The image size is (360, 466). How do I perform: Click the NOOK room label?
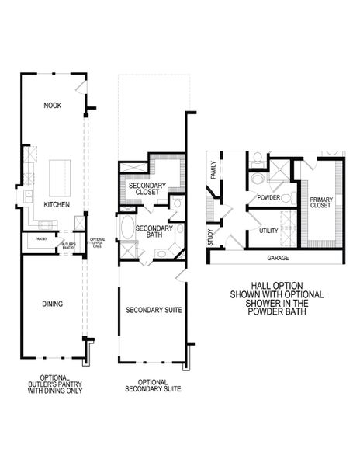tap(53, 105)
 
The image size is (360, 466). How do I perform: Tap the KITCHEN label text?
tap(57, 204)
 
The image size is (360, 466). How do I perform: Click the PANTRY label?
tap(41, 239)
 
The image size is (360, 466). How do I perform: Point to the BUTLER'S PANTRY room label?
tap(68, 242)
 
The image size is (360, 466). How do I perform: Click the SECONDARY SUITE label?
tap(153, 310)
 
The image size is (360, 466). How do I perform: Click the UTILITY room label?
tap(268, 231)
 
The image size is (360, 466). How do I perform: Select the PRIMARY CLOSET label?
tap(320, 203)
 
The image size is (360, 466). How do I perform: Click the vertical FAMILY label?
tap(213, 170)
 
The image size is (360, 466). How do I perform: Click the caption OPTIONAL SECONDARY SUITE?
tap(153, 386)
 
